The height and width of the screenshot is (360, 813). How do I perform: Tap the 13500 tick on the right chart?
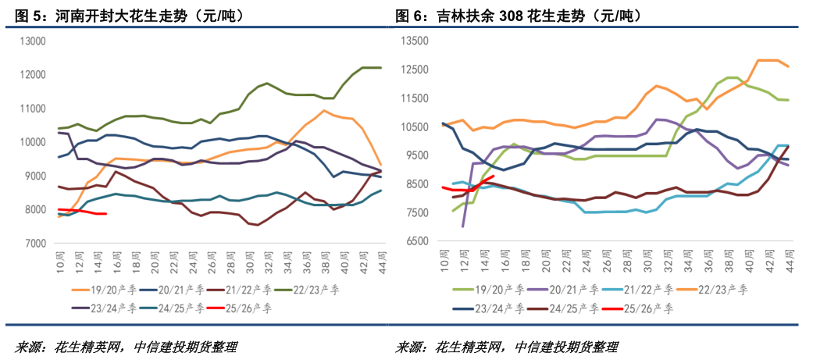[416, 41]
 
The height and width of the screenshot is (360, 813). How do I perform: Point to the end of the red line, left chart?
[106, 213]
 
